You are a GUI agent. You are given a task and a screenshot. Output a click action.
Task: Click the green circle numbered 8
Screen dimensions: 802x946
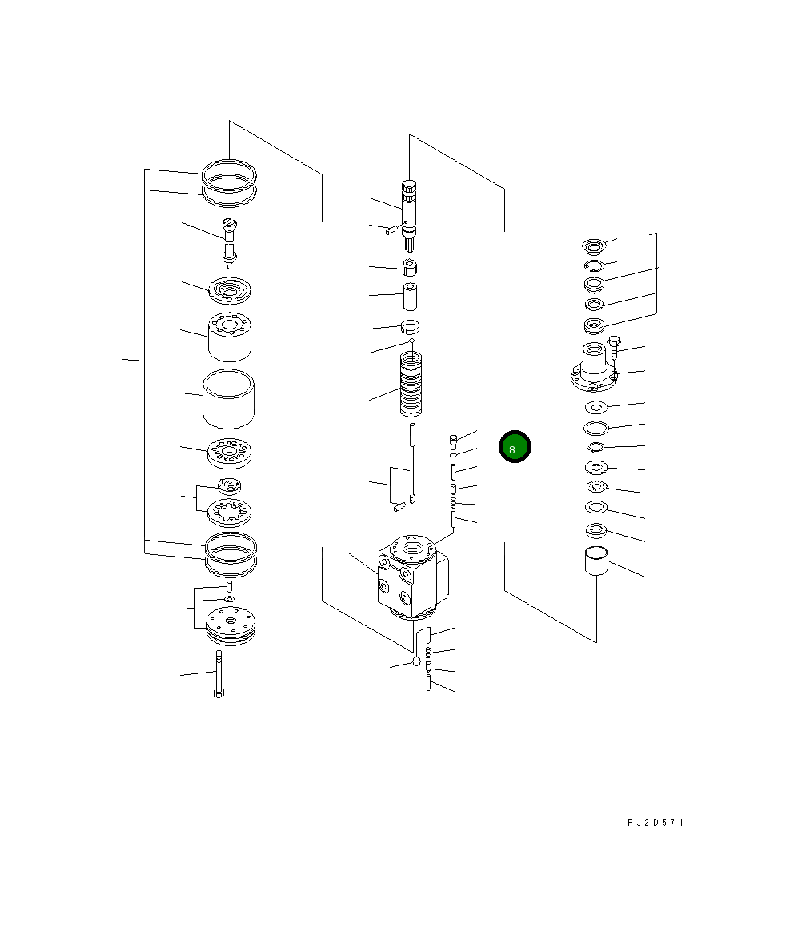point(515,447)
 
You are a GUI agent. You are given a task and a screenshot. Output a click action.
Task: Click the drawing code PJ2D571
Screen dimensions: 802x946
point(656,822)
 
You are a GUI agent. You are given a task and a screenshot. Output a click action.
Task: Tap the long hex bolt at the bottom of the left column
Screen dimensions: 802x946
point(219,674)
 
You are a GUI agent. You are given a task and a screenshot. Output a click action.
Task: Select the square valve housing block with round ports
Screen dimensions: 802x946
point(413,577)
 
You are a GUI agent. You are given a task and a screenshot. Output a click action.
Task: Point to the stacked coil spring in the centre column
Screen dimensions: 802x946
point(411,385)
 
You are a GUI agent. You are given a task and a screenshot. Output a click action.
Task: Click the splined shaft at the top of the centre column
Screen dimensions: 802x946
point(410,215)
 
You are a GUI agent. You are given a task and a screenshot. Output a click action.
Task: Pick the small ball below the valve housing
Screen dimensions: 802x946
point(416,662)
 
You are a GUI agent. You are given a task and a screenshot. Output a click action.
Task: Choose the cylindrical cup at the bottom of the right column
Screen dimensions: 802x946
point(596,561)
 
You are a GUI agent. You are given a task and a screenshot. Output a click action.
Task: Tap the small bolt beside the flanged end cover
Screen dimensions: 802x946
point(614,346)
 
